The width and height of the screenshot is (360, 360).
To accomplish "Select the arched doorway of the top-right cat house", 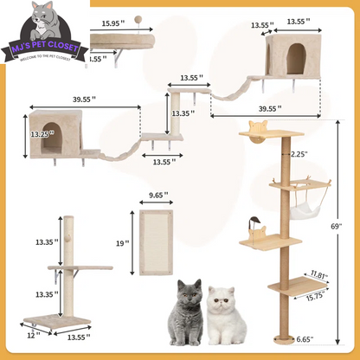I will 296,57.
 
